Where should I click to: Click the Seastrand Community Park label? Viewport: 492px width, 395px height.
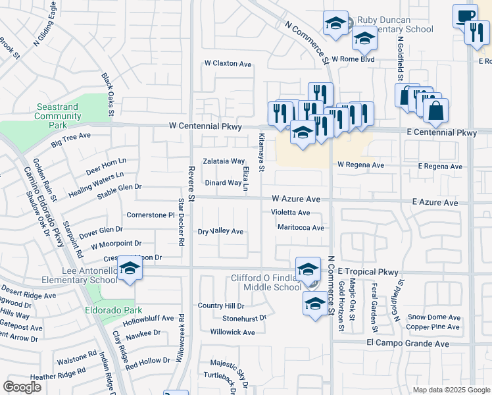[58, 116]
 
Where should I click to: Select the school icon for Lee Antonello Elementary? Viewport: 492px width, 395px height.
[130, 271]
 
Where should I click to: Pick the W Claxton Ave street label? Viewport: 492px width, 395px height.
[228, 64]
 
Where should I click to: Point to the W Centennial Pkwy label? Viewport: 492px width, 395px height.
[205, 126]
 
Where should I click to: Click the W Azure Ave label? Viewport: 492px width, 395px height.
[296, 199]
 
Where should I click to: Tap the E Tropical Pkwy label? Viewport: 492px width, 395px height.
[368, 271]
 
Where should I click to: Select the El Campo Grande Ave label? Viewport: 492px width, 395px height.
[408, 344]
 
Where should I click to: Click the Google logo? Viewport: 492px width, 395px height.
[22, 387]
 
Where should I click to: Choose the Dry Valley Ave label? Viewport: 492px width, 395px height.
[221, 232]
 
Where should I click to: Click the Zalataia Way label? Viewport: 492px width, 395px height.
[224, 161]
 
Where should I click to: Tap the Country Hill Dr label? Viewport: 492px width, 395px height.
[221, 305]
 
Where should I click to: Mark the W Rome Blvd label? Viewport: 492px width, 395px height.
[353, 59]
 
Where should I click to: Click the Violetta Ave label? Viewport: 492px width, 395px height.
[290, 213]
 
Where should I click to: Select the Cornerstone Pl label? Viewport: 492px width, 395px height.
[149, 215]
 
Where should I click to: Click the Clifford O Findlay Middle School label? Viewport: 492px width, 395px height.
[266, 282]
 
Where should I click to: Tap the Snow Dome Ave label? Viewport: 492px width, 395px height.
[433, 317]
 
